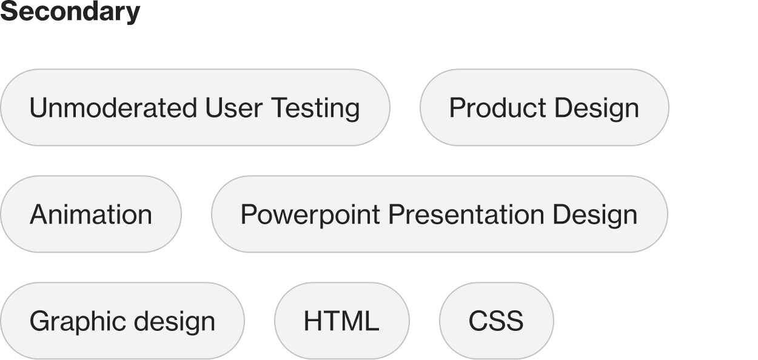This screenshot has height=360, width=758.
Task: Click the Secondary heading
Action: tap(70, 12)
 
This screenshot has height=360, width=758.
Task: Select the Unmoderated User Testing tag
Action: tap(195, 108)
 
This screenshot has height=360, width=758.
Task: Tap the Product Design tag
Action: tap(544, 108)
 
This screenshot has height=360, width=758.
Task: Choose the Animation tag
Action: tap(90, 215)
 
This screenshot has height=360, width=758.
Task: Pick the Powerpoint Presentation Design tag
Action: tap(439, 215)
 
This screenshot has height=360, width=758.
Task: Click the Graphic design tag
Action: tap(122, 321)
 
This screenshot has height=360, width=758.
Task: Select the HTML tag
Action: tap(341, 321)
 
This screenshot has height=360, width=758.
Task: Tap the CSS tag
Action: tap(496, 321)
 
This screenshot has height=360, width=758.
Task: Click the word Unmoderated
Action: tap(113, 108)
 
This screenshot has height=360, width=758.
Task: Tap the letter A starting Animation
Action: tap(38, 215)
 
